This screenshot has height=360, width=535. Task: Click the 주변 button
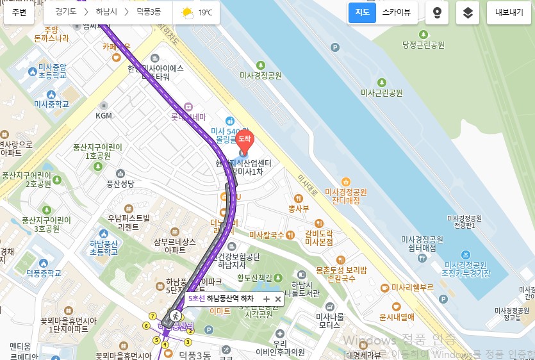coord(19,12)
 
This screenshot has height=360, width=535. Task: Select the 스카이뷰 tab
coord(397,12)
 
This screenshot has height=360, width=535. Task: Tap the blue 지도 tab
coord(362,12)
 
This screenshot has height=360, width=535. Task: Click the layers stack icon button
coord(468,13)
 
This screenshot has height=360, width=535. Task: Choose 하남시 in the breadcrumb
coord(108,12)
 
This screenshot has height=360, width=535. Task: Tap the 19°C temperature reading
coord(205,13)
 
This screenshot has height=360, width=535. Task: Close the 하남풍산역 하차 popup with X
coord(278,299)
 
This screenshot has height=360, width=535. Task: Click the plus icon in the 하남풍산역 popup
coord(267,299)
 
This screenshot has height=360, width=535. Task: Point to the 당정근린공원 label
coord(423,45)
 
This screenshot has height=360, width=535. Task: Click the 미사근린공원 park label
coord(381,93)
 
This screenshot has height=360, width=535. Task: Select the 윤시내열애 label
coord(397,316)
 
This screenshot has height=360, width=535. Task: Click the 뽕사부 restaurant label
coord(299,208)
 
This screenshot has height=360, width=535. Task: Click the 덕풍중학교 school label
coord(44,274)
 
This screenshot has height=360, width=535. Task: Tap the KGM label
coord(104,116)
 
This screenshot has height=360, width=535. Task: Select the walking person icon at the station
coord(172,316)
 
